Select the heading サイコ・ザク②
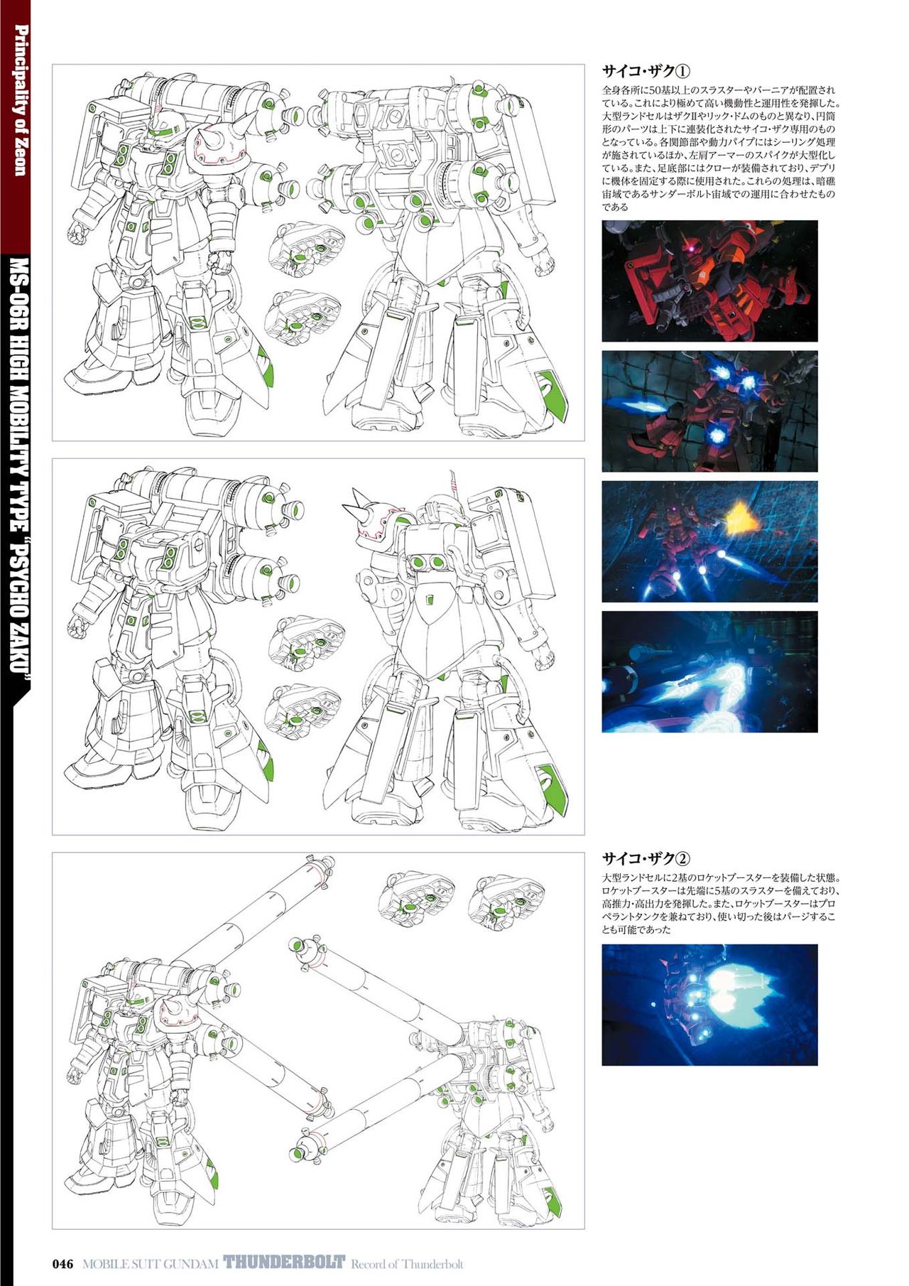[x=646, y=858]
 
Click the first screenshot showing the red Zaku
[x=709, y=281]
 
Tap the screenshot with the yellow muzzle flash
[x=709, y=541]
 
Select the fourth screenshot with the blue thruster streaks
[x=709, y=671]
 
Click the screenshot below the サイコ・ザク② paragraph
[x=709, y=1005]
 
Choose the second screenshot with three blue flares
[x=709, y=411]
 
